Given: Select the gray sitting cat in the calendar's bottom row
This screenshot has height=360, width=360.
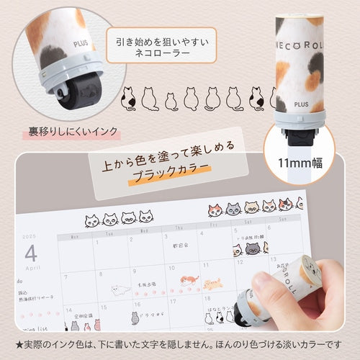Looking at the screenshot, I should pyautogui.click(x=134, y=318).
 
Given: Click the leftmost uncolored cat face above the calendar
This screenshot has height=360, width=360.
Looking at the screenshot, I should pyautogui.click(x=92, y=221).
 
